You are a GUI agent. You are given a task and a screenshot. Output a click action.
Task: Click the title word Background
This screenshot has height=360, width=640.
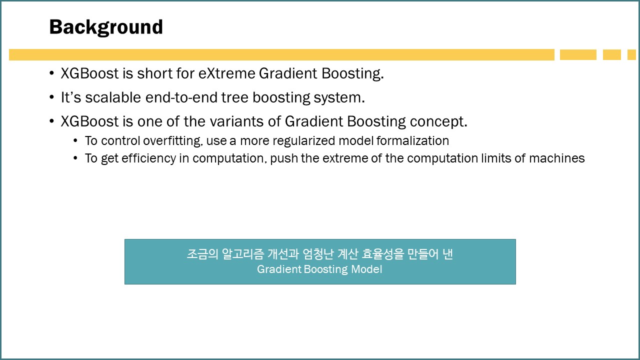coord(106,27)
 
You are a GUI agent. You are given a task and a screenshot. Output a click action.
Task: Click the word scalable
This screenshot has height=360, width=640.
coord(113,97)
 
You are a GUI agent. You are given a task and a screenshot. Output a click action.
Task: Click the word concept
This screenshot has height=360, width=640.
coord(438,122)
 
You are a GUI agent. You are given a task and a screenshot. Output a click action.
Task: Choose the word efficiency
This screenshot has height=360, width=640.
coord(149,158)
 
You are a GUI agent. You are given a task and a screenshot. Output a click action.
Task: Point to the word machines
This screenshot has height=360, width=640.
coord(557,158)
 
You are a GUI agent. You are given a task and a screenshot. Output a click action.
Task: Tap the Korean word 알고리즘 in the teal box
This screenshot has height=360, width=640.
coord(243,254)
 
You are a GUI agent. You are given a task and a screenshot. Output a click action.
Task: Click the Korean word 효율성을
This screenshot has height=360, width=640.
coord(383,254)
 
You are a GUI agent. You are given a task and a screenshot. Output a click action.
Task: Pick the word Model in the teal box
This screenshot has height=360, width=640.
coord(366,269)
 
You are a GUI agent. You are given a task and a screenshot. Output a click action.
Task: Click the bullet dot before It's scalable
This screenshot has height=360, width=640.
coord(51,97)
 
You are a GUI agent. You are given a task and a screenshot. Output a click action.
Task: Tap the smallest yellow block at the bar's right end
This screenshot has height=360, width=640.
coord(631,54)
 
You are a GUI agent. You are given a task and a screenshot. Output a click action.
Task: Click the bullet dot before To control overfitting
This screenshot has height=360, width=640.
coord(75,141)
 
